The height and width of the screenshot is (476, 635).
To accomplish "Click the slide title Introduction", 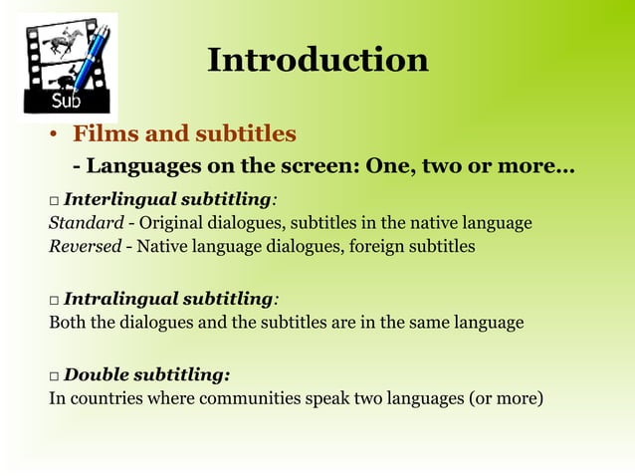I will coord(317,60).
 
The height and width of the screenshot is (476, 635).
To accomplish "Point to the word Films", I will coord(105,133).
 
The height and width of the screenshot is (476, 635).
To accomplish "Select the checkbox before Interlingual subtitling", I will coord(54,200).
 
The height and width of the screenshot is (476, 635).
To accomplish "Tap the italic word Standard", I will coord(86,222).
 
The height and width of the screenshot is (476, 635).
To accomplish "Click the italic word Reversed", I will coord(86,245).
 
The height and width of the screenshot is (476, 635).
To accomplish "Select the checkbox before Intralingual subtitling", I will coord(54,300).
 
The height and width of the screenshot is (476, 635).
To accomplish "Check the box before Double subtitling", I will coord(54,376).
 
